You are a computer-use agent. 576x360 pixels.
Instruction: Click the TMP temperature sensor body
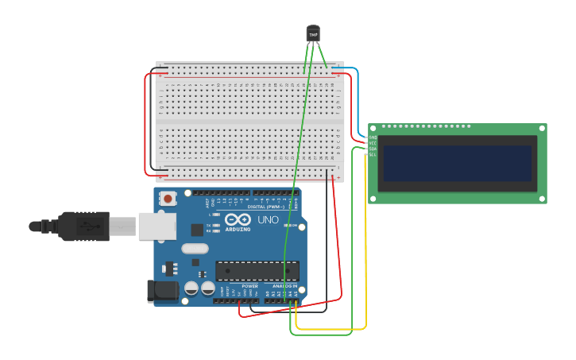(313, 33)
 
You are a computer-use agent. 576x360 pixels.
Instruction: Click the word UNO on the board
(269, 220)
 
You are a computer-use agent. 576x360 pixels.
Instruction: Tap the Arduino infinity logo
(237, 219)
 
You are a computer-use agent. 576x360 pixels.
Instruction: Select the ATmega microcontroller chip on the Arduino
(257, 270)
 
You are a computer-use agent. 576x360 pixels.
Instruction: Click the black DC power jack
(163, 290)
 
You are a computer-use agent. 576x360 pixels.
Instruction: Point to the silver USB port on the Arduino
(157, 226)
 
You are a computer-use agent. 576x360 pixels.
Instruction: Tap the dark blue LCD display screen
(457, 163)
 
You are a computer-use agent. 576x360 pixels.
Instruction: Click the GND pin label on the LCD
(373, 137)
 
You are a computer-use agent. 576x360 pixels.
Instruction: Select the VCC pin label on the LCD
(373, 143)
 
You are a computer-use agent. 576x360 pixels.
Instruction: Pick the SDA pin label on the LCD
(373, 149)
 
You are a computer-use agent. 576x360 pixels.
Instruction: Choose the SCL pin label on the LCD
(373, 154)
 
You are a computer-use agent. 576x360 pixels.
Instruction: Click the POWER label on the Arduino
(249, 286)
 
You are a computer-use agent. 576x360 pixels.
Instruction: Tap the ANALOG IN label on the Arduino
(284, 286)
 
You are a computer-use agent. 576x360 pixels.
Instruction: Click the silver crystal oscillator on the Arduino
(195, 248)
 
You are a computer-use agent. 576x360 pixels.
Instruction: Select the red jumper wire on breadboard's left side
(145, 123)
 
